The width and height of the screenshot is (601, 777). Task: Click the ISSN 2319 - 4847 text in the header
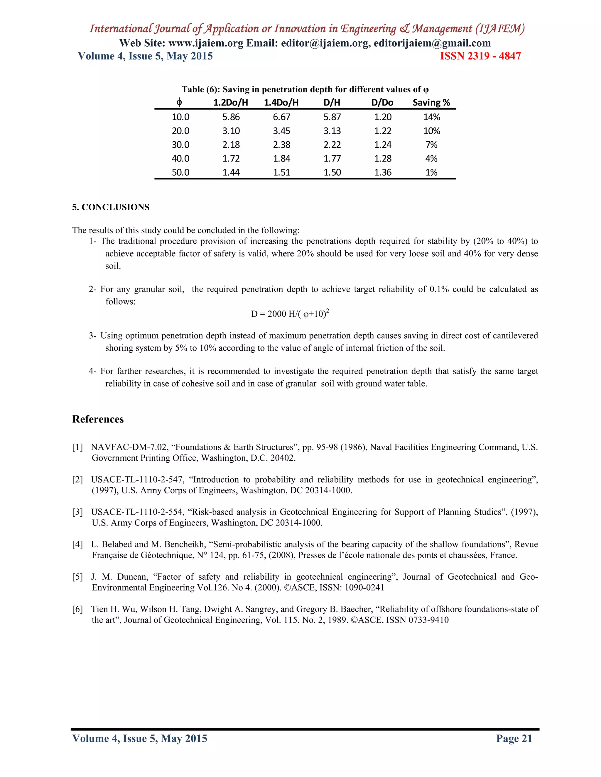point(480,56)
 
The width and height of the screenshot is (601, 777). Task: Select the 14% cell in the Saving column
point(431,117)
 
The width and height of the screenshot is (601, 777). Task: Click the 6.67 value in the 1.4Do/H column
point(281,117)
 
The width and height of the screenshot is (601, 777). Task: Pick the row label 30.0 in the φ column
point(180,145)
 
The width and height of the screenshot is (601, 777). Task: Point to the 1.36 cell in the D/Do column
point(382,172)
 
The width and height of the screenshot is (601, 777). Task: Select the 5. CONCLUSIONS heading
point(111,207)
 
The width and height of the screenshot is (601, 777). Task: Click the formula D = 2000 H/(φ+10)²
point(290,314)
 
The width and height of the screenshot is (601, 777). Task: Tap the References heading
point(98,419)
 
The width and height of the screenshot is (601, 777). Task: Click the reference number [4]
point(77,544)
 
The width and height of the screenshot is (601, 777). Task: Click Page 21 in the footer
point(514,739)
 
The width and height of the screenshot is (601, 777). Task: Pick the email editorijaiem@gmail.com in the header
point(432,43)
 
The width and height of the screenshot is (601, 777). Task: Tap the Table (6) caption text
point(305,89)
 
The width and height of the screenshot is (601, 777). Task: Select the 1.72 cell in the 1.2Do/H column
point(231,159)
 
